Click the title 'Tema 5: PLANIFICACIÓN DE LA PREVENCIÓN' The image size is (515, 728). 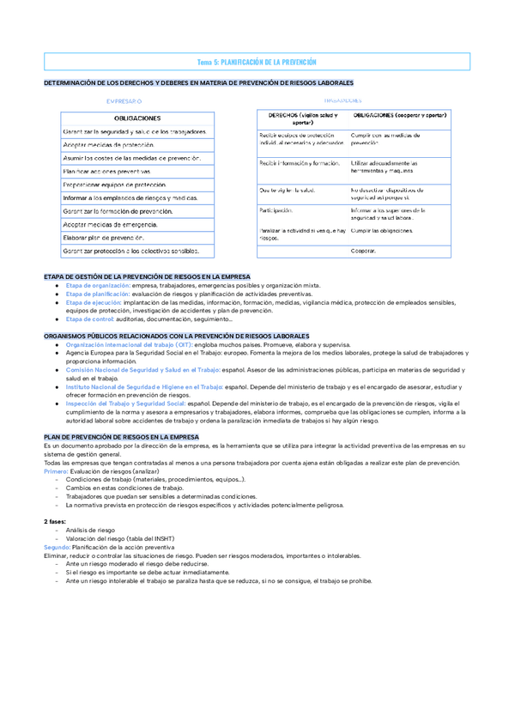click(x=257, y=62)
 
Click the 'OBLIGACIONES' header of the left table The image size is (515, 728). click(x=136, y=118)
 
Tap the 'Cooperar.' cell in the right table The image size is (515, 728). click(x=364, y=251)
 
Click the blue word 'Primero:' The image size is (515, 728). click(x=55, y=470)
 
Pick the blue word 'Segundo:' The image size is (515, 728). click(x=57, y=546)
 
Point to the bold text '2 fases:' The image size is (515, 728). click(x=55, y=521)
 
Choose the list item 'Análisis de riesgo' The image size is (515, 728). click(x=90, y=530)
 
